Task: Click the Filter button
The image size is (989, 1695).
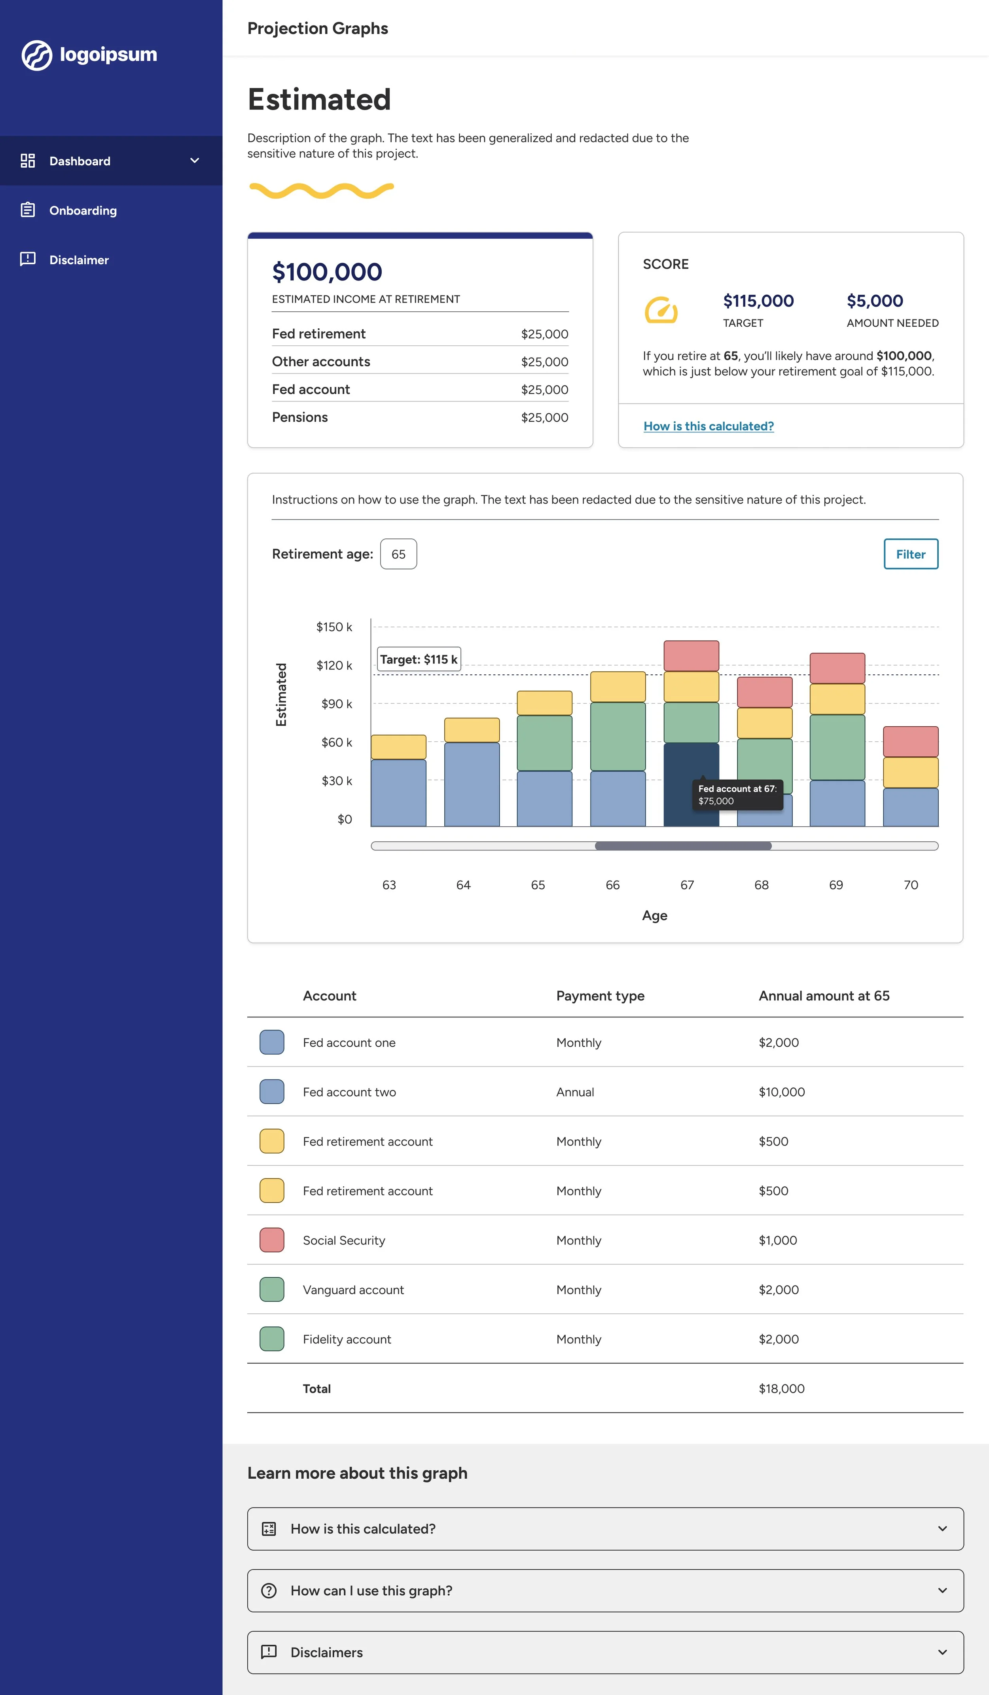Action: click(910, 554)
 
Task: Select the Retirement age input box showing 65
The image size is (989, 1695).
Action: click(398, 554)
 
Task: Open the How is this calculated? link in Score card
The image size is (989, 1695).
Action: click(709, 426)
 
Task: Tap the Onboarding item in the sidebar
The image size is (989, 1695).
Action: click(83, 210)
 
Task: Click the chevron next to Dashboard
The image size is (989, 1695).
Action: click(194, 161)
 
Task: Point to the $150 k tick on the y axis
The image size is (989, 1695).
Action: click(334, 627)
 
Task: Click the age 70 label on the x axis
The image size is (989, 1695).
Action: click(910, 885)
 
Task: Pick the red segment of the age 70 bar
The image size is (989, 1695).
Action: click(910, 741)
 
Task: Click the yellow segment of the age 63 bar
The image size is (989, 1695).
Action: click(398, 746)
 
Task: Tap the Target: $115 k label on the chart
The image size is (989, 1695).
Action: click(419, 659)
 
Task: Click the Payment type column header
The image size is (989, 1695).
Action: click(600, 996)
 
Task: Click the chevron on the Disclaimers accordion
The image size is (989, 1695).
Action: click(942, 1652)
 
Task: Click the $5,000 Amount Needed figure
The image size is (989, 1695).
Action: click(875, 301)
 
